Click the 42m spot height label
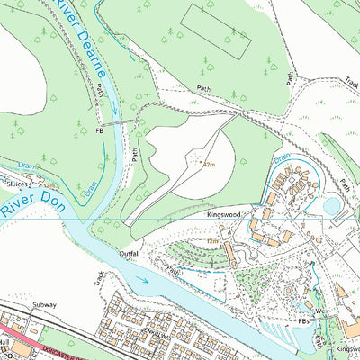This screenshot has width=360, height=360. (209, 166)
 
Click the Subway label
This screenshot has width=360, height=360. (44, 305)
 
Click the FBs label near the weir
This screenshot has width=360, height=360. (302, 321)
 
